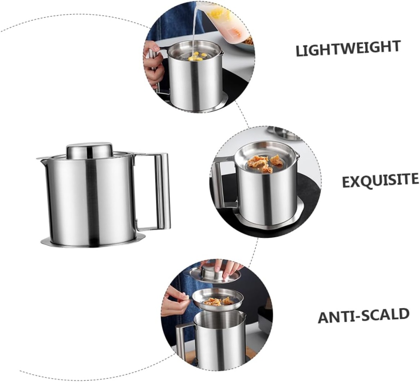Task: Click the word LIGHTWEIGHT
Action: pos(348,48)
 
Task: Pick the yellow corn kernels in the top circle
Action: pos(197,57)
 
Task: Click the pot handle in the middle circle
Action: pos(221,182)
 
